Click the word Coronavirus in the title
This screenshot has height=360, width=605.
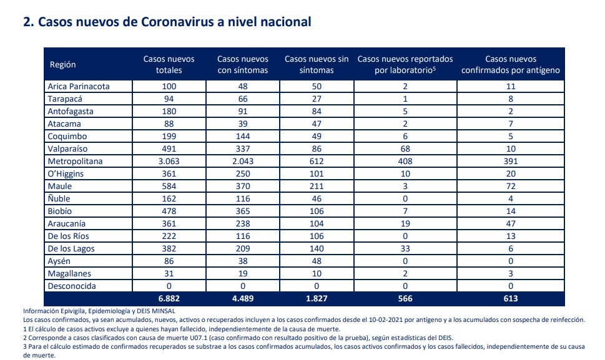(x=177, y=22)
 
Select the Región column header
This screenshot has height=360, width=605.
(x=62, y=65)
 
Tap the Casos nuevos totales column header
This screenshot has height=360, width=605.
(x=169, y=64)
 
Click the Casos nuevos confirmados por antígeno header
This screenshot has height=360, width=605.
(x=511, y=64)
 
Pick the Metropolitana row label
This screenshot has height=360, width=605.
(x=76, y=161)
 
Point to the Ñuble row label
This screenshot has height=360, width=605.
(x=59, y=198)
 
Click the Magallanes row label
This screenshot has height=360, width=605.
(x=69, y=274)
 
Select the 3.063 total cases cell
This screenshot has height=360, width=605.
(x=169, y=161)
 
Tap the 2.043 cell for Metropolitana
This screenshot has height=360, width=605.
(x=243, y=161)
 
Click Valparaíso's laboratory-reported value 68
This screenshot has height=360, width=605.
(x=405, y=148)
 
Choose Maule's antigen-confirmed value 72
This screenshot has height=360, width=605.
(x=511, y=186)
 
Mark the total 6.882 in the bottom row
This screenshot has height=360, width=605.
(x=169, y=299)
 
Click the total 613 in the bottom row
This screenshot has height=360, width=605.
(x=511, y=299)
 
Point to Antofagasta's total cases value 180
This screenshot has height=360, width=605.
(x=169, y=112)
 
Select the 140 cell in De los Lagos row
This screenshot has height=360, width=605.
(x=317, y=248)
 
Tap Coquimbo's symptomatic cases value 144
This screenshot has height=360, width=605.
(x=243, y=137)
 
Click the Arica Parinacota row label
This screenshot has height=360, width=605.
(x=79, y=86)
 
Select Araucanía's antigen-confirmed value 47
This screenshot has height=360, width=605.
(x=511, y=223)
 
